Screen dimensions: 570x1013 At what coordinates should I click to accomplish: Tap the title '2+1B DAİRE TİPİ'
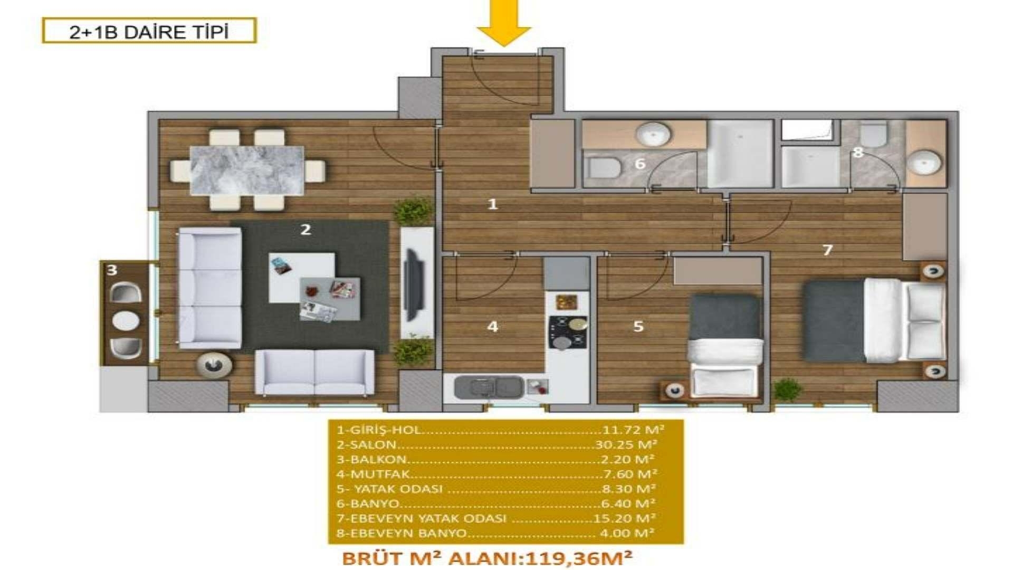coord(149,32)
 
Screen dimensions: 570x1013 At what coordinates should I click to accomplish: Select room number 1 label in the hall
coord(492,204)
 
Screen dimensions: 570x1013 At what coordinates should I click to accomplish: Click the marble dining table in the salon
coord(247,170)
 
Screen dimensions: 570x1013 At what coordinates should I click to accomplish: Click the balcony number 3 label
coord(112,270)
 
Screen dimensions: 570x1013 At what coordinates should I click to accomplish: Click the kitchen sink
coord(489,387)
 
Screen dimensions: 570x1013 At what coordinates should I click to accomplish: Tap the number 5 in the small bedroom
coord(638,326)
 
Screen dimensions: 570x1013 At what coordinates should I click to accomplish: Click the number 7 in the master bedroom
coord(827,250)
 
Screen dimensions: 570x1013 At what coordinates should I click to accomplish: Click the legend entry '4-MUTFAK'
coord(373,474)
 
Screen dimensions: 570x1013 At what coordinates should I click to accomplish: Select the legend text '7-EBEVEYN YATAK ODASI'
coord(421,518)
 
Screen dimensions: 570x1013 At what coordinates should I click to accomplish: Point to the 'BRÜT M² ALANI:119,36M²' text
coord(487,558)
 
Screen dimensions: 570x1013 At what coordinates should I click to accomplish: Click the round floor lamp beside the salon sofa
coord(214,364)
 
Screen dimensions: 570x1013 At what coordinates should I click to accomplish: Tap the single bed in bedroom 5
coord(725,346)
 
